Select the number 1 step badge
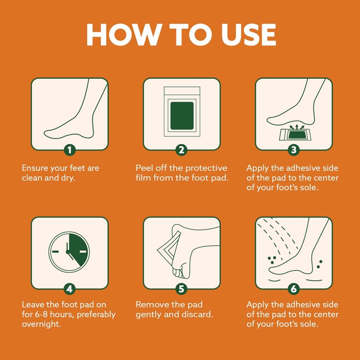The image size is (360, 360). coord(70,150)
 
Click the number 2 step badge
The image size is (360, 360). coord(181,150)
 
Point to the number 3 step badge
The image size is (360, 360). coord(294,150)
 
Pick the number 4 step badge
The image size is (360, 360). coord(70,289)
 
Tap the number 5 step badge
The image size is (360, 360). coord(181,289)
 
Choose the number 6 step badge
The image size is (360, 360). coord(294,289)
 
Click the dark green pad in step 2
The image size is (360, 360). coord(182,116)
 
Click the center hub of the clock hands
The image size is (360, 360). coord(68,252)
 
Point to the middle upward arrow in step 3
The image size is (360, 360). coord(297,127)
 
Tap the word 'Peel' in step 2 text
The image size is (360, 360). coord(144,168)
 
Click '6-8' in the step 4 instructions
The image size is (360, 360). coord(41,314)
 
